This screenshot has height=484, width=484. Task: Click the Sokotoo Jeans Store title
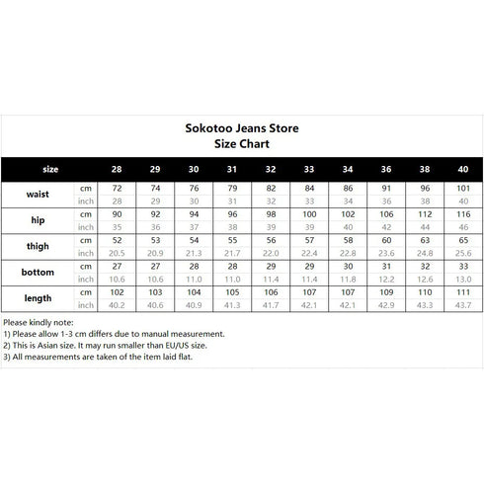(242, 127)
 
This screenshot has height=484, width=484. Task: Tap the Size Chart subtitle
(242, 143)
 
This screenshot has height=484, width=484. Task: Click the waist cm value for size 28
(116, 187)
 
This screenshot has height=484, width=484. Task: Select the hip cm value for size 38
(425, 213)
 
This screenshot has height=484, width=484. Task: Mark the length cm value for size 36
(386, 292)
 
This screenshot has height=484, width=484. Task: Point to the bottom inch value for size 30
(193, 280)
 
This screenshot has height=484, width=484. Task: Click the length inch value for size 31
(231, 305)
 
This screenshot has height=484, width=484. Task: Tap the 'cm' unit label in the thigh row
(85, 239)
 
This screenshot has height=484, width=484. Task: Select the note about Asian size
(104, 345)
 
